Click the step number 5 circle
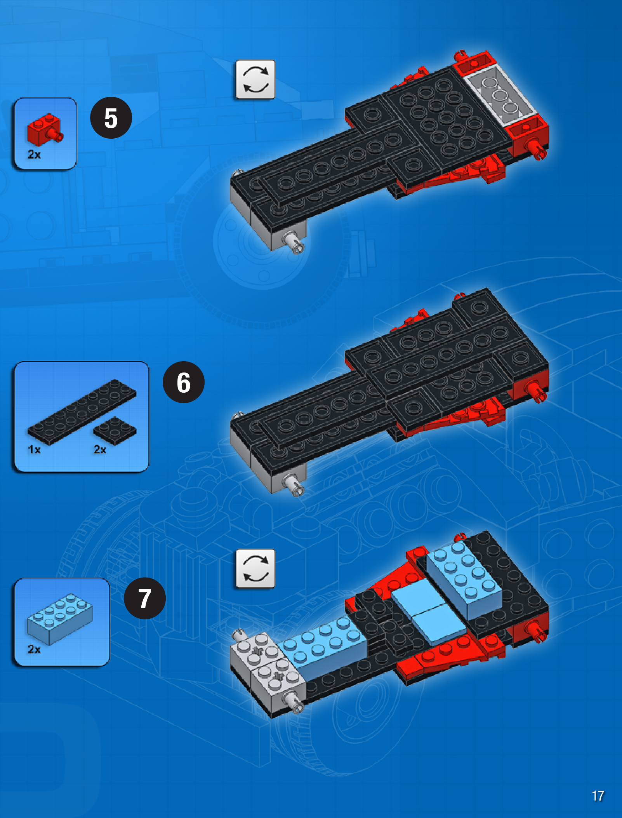[x=111, y=118]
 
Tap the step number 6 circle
[x=184, y=382]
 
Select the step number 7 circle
[x=145, y=598]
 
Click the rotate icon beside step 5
[x=255, y=80]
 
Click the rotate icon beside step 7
[x=255, y=569]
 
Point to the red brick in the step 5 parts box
[x=44, y=130]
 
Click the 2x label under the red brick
[x=34, y=155]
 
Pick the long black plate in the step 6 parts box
[x=82, y=412]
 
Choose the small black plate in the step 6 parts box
[x=115, y=431]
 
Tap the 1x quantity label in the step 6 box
[x=34, y=450]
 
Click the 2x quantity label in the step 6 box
[x=100, y=450]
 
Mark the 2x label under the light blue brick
[x=34, y=649]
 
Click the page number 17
[x=598, y=796]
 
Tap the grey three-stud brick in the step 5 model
[x=501, y=95]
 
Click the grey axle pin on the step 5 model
[x=294, y=242]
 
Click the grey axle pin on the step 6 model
[x=294, y=485]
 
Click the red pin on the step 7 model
[x=536, y=631]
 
